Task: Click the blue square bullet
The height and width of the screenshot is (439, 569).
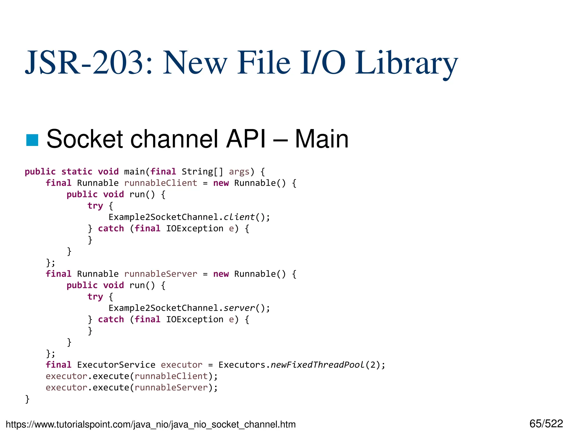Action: coord(32,140)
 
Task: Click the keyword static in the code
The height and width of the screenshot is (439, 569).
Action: coord(77,171)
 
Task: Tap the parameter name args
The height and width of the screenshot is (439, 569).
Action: coord(239,172)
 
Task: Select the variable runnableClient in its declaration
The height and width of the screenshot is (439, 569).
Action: coord(161,183)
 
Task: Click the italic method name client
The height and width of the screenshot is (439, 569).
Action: coord(239,217)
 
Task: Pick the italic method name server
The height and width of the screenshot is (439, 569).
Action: coord(239,308)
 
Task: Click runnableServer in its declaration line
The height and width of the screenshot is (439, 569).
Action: coord(161,274)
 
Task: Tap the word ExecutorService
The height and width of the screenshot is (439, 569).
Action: coord(116,365)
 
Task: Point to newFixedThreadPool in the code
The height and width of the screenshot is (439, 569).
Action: coord(317,365)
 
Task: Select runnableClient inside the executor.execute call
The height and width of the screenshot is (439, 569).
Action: coord(171,376)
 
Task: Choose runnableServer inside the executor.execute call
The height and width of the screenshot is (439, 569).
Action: coord(171,387)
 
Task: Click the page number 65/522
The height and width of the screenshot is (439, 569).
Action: coord(546,424)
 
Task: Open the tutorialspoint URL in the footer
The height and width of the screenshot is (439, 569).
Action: coord(151,425)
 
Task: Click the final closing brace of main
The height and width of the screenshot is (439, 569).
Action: coord(27,399)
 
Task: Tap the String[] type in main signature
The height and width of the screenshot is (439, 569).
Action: coord(202,171)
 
